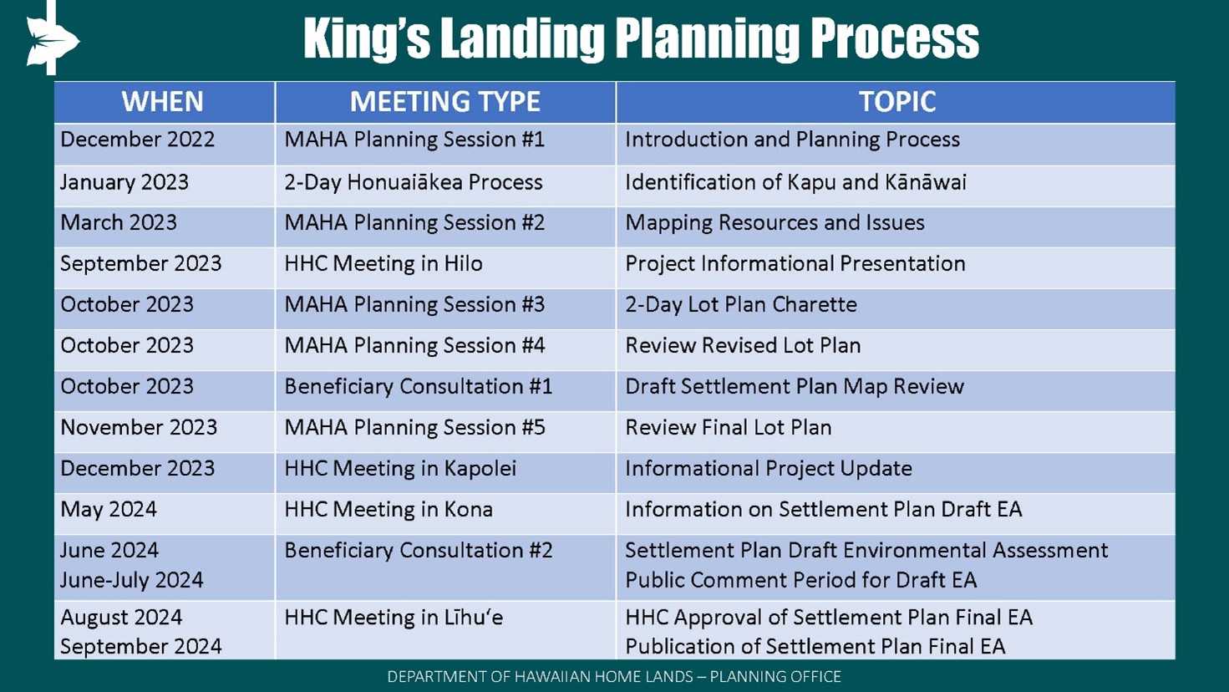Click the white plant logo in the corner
[x=52, y=38]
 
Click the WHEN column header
[x=162, y=101]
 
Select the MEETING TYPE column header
[x=445, y=101]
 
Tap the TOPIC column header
[x=897, y=101]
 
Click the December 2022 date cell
[x=137, y=140]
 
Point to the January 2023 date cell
[x=124, y=182]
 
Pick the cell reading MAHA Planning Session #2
[x=414, y=223]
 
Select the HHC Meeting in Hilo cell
[x=383, y=264]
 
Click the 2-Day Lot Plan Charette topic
[x=741, y=304]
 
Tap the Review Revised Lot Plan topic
[x=743, y=346]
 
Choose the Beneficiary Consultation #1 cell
[x=418, y=387]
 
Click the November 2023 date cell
[x=139, y=428]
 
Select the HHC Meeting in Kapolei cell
[x=400, y=469]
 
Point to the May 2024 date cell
[x=109, y=510]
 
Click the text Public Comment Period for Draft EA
[x=801, y=580]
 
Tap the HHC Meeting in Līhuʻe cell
[x=394, y=618]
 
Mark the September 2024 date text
[x=141, y=647]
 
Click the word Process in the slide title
[x=894, y=38]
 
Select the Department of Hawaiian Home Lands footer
[x=614, y=677]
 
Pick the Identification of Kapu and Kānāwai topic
[x=795, y=182]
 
